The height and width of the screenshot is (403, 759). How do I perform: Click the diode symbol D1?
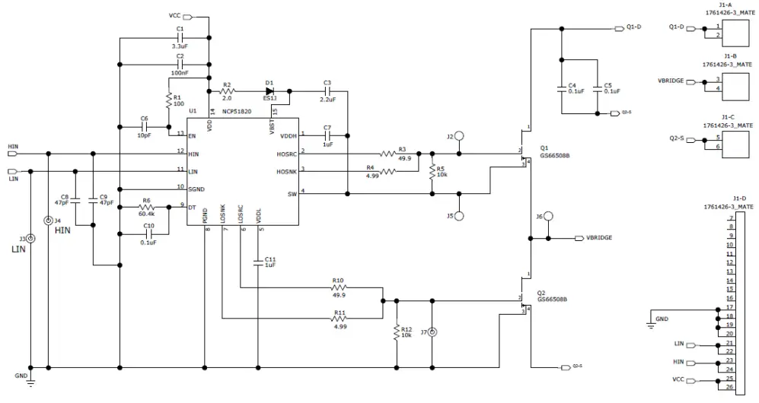pos(269,91)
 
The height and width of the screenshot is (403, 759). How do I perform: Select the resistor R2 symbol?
pos(227,91)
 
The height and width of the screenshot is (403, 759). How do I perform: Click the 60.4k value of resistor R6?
pos(147,214)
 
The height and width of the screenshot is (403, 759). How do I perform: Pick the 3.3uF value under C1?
pos(180,45)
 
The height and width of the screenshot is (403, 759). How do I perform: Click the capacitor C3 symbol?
pos(327,91)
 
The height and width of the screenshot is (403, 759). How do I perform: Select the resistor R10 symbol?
pos(339,288)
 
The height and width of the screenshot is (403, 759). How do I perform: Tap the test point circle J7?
pos(432,332)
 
